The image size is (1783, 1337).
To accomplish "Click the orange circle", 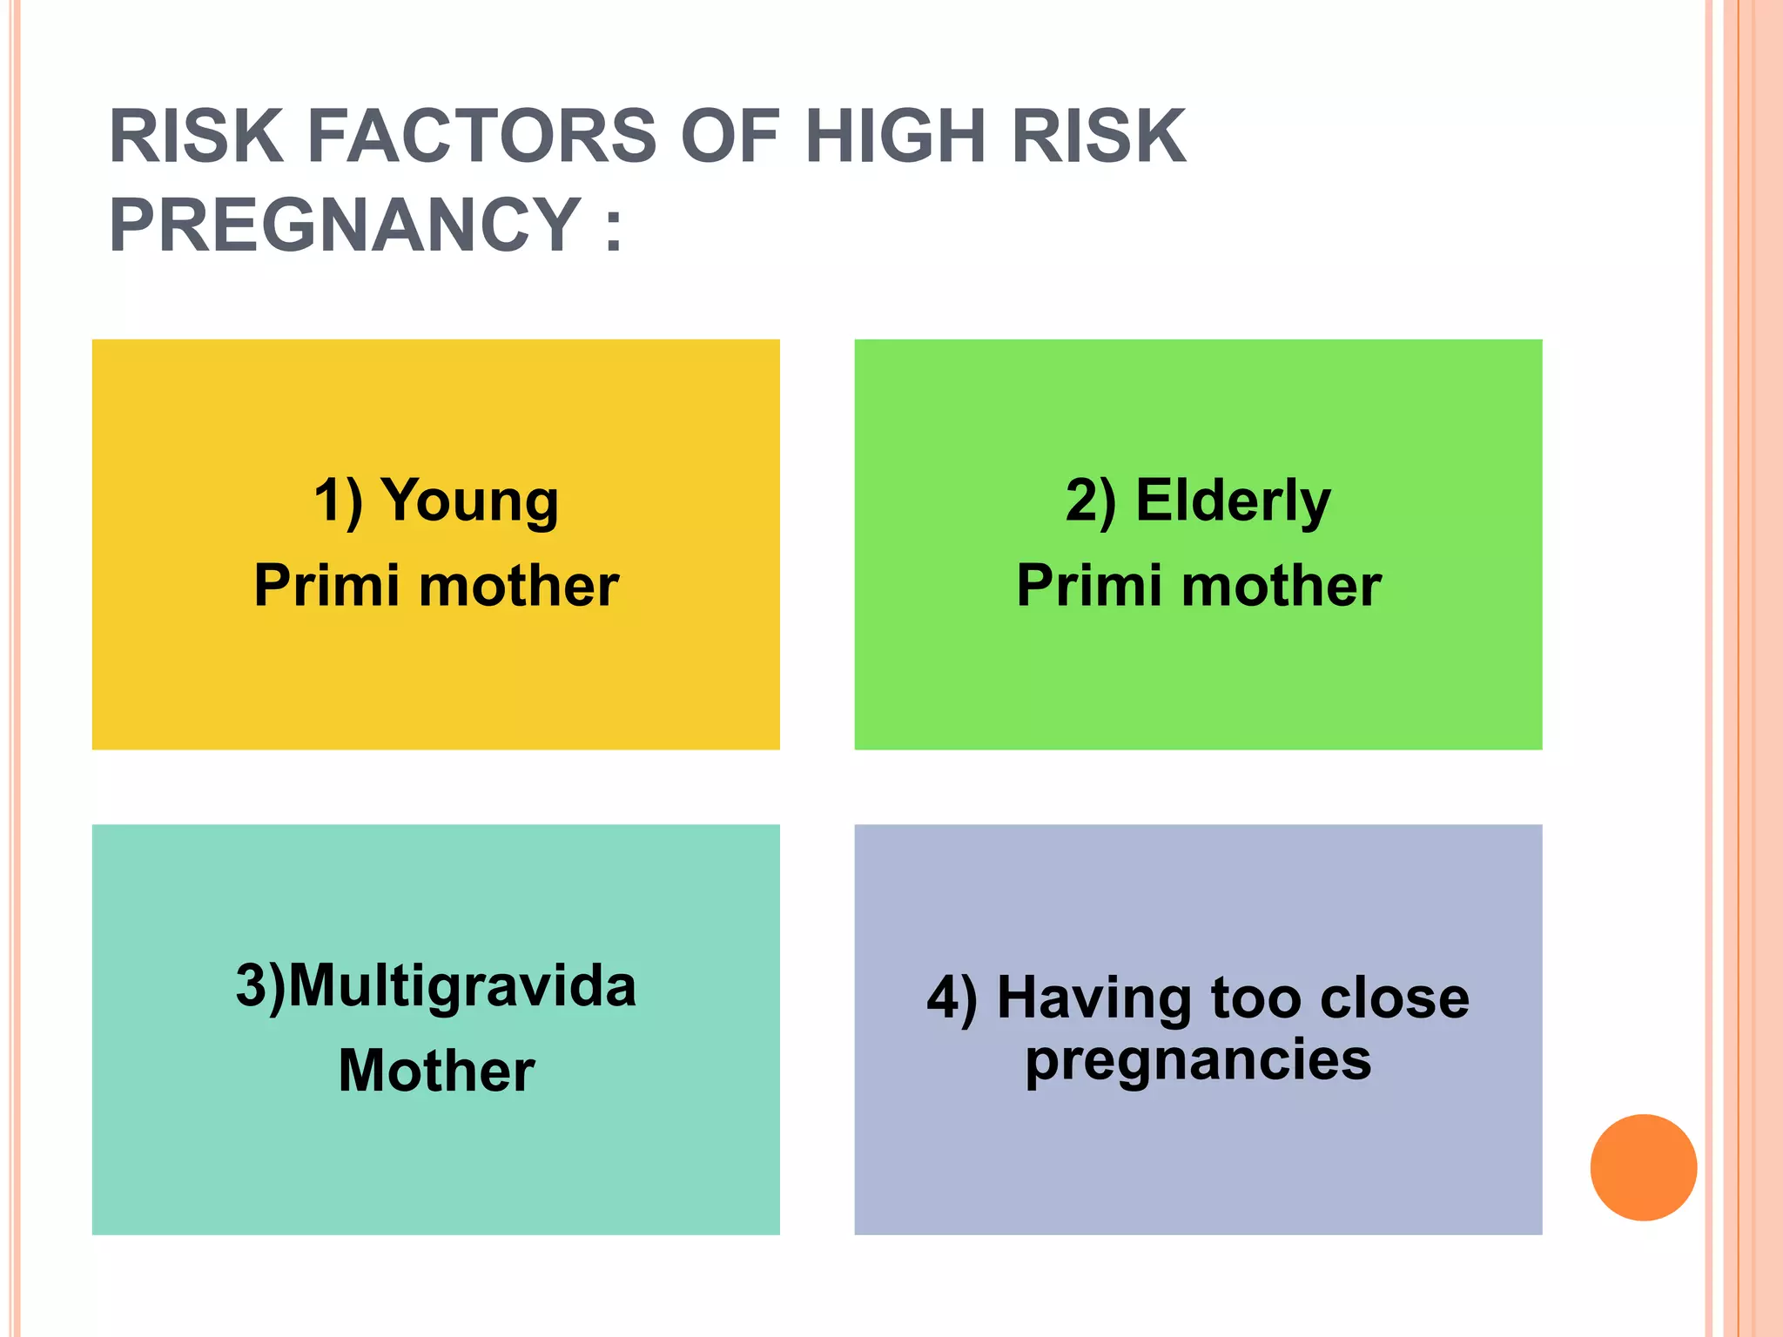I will [x=1643, y=1167].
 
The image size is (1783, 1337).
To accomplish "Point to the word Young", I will [x=470, y=503].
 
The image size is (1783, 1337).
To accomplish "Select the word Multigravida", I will [x=462, y=987].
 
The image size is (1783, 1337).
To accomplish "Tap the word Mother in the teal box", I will [x=436, y=1071].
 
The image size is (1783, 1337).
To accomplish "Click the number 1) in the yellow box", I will [x=338, y=502].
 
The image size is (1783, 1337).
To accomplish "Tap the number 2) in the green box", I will [x=1090, y=502].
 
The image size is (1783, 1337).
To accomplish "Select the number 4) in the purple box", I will [x=952, y=998].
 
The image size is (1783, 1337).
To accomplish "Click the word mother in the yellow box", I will [x=519, y=585].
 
